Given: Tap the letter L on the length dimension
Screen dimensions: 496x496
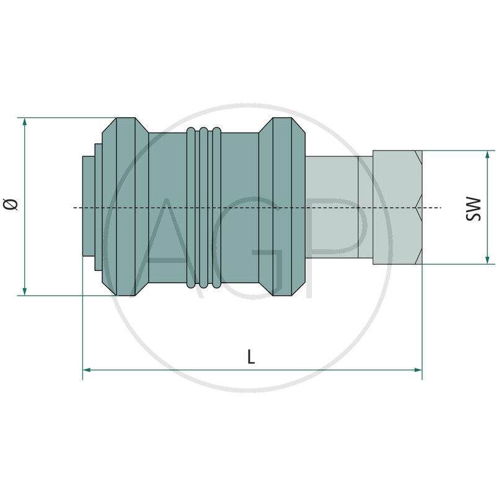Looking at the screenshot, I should pyautogui.click(x=251, y=356).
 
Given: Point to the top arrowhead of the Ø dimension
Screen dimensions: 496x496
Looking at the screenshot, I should pyautogui.click(x=25, y=122).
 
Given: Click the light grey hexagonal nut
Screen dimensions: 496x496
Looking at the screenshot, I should pyautogui.click(x=397, y=208).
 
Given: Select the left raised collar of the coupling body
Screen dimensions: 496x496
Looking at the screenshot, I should pyautogui.click(x=124, y=206).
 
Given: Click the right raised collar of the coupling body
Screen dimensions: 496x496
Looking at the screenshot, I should pyautogui.click(x=282, y=206).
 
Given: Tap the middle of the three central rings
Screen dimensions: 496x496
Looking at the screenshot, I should pyautogui.click(x=203, y=208).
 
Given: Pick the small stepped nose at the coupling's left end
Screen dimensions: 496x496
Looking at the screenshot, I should pyautogui.click(x=89, y=208).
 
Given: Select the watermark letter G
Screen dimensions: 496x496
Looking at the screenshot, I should pyautogui.click(x=248, y=248).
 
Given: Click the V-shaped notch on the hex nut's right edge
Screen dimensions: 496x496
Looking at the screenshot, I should pyautogui.click(x=420, y=207).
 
